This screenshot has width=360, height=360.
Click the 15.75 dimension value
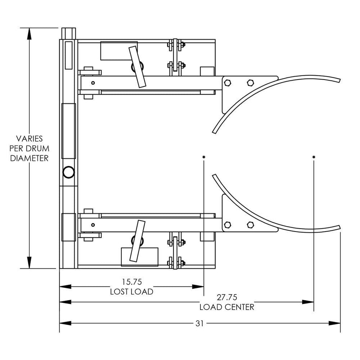(131, 282)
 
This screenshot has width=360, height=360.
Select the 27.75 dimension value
(227, 297)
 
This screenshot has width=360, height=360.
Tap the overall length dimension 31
(200, 323)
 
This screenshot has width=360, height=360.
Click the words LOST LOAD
(131, 291)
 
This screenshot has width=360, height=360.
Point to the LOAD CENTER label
(227, 307)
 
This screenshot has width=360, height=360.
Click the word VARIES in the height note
(29, 139)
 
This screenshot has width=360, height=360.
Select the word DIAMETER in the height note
(29, 158)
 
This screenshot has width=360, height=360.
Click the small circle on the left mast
(69, 172)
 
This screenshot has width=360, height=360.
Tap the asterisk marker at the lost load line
(204, 157)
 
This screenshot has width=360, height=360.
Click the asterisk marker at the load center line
(314, 157)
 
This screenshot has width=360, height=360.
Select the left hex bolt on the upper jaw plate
(227, 83)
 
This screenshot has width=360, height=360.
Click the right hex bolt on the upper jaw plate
(250, 83)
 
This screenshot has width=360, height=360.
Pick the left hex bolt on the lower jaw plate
(227, 224)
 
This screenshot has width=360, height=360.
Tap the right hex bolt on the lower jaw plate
(250, 224)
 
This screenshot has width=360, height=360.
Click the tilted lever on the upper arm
(137, 67)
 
